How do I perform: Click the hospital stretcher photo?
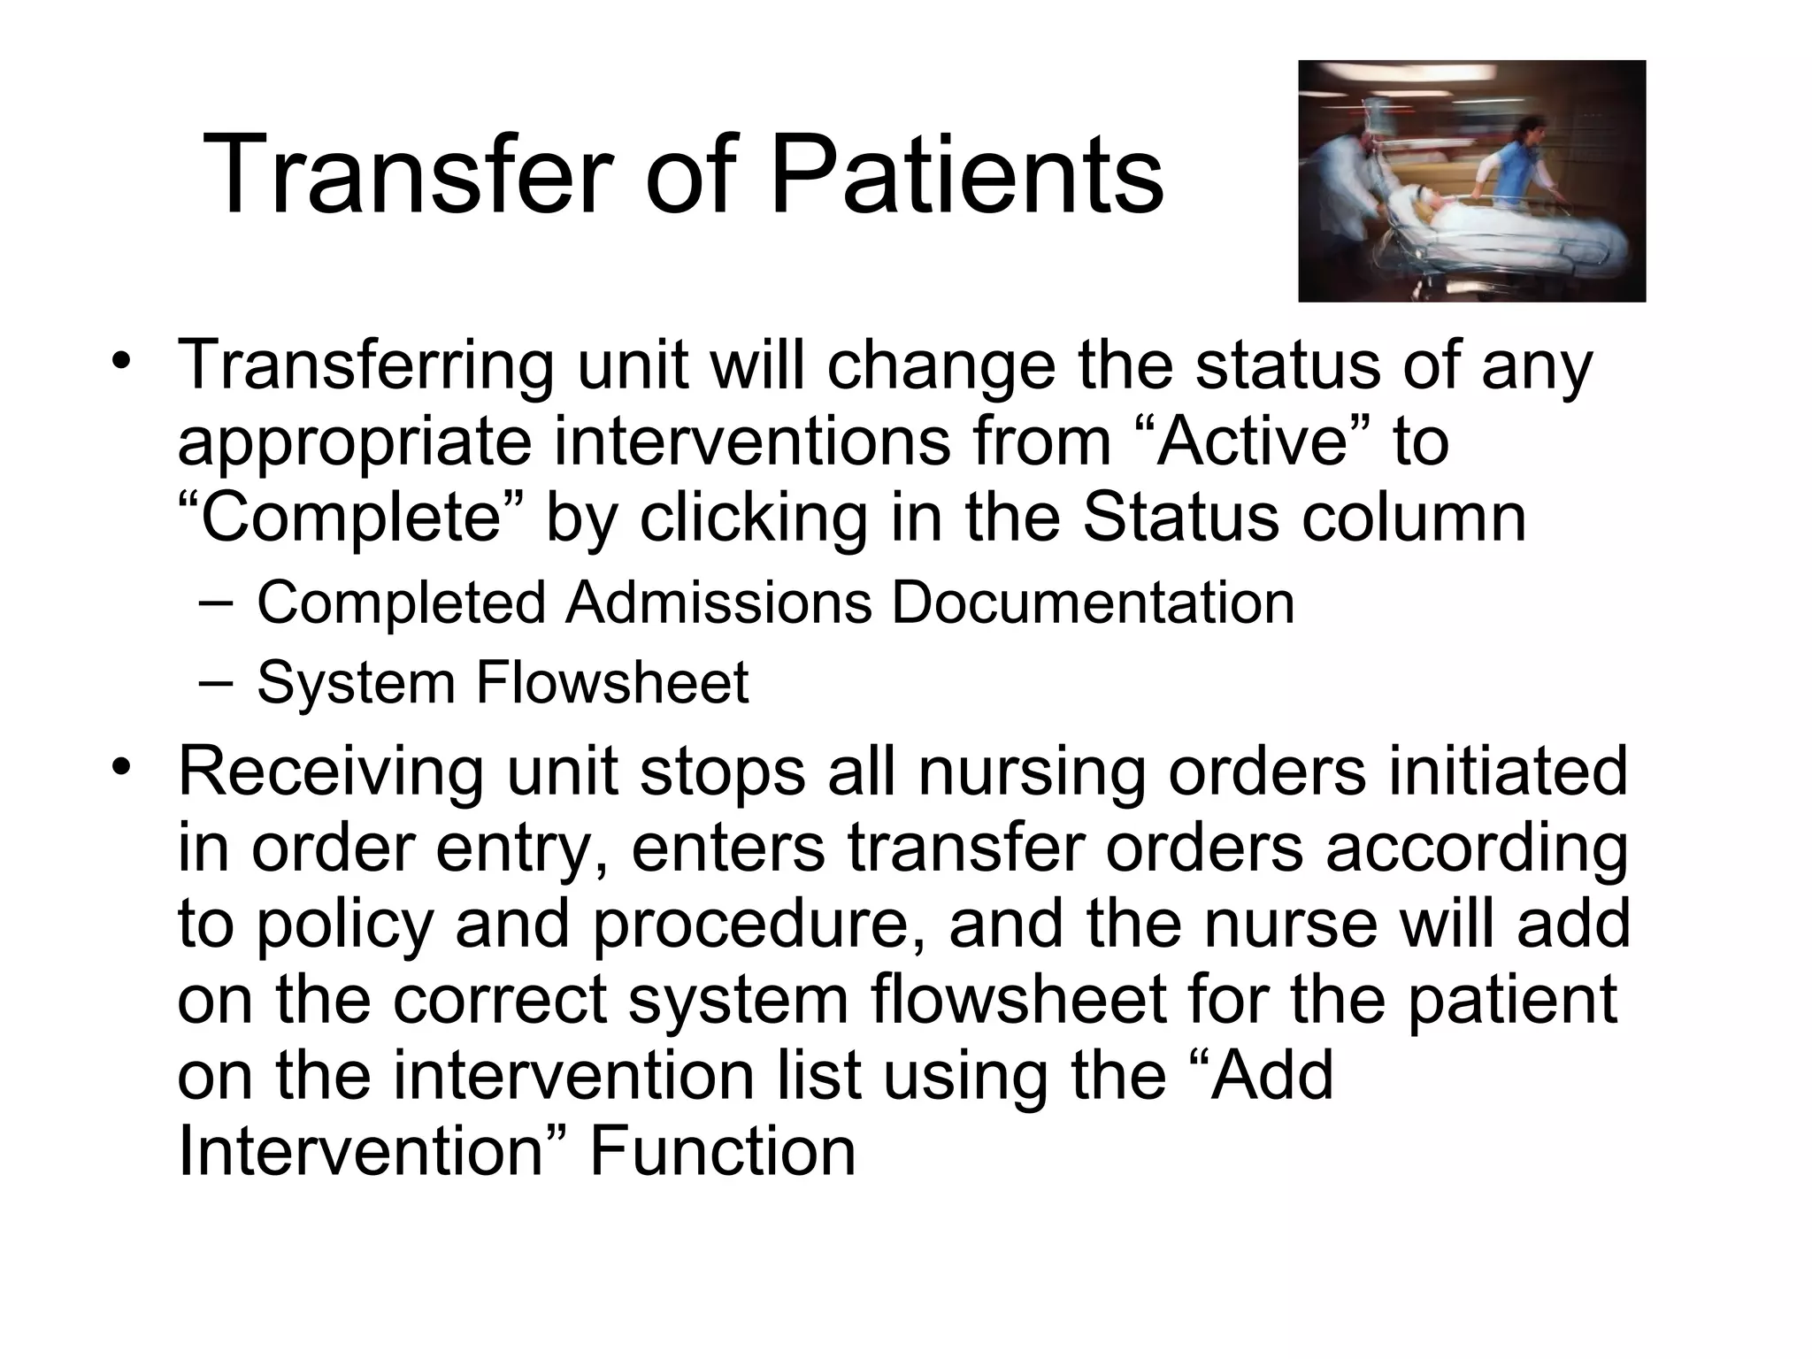click(x=1471, y=181)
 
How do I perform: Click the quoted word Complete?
click(x=350, y=518)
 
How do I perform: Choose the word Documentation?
click(x=1093, y=603)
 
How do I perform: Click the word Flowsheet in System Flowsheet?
click(x=612, y=683)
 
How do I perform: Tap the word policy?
click(x=345, y=925)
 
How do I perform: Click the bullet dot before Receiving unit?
click(x=121, y=766)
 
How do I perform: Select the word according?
click(x=1477, y=848)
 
